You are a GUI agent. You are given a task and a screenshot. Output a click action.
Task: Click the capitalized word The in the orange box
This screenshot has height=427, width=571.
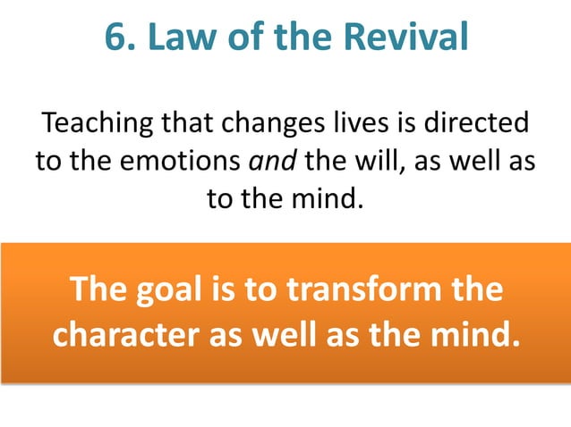(98, 290)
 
